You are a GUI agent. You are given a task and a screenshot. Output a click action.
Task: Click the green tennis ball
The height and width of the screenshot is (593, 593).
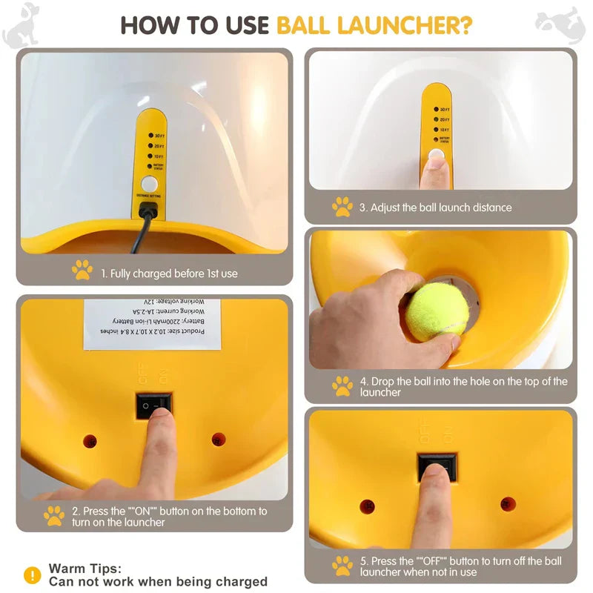coord(437,311)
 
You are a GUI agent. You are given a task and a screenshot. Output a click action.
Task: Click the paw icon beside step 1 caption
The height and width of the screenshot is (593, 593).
coord(82,271)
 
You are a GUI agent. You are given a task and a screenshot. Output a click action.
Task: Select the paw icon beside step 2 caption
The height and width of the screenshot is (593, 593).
coord(54,516)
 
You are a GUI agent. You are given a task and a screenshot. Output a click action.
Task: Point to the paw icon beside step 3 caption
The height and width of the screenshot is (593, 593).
coord(342,207)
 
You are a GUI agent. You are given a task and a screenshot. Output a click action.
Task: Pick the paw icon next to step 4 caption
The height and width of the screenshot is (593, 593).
coord(342,386)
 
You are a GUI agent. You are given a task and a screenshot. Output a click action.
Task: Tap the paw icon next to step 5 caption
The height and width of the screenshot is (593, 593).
coord(342,566)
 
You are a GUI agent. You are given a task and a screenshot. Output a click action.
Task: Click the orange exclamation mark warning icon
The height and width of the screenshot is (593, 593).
coord(32,574)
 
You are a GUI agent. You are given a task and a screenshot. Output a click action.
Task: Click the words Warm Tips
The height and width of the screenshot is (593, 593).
coord(85,569)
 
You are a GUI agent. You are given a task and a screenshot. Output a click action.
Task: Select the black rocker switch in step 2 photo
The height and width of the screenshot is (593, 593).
coord(153,405)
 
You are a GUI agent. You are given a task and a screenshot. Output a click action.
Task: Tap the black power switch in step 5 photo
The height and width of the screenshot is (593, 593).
coord(437,467)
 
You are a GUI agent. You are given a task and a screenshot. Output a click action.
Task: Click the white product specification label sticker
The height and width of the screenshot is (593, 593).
coord(152,324)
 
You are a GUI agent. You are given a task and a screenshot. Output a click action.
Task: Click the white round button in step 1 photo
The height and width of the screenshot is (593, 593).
coord(150,183)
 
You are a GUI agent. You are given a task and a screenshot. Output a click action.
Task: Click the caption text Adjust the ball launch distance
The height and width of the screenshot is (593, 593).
coord(435,208)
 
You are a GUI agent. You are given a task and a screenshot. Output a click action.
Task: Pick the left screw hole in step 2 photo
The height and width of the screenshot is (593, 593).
coord(90,440)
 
